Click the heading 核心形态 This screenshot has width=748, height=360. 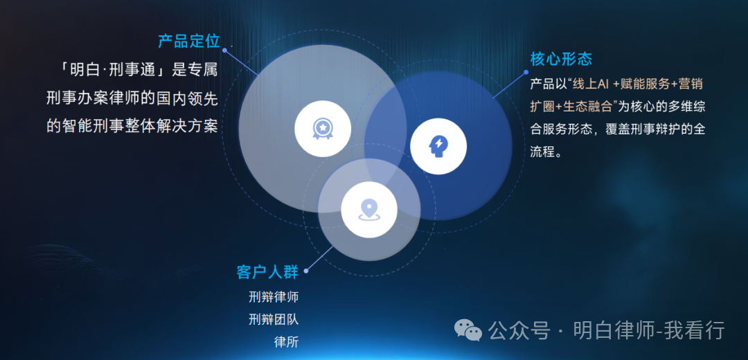pyautogui.click(x=561, y=58)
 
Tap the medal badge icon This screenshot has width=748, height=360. pyautogui.click(x=322, y=128)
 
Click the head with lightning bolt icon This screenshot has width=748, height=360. pyautogui.click(x=438, y=145)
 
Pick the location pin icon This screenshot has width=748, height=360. pyautogui.click(x=368, y=209)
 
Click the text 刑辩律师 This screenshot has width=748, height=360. pyautogui.click(x=274, y=297)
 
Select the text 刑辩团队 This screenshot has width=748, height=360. pyautogui.click(x=274, y=319)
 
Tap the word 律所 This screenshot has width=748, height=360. pyautogui.click(x=286, y=341)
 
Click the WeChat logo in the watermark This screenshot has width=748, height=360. pyautogui.click(x=468, y=331)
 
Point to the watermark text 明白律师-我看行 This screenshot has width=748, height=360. pyautogui.click(x=648, y=331)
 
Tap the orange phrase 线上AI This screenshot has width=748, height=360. pyautogui.click(x=591, y=84)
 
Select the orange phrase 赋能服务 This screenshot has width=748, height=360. pyautogui.click(x=646, y=84)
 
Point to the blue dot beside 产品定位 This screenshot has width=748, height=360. pyautogui.click(x=225, y=51)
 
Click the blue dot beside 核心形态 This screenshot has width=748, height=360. pyautogui.click(x=526, y=71)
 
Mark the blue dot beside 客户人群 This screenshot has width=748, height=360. pyautogui.click(x=306, y=271)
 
